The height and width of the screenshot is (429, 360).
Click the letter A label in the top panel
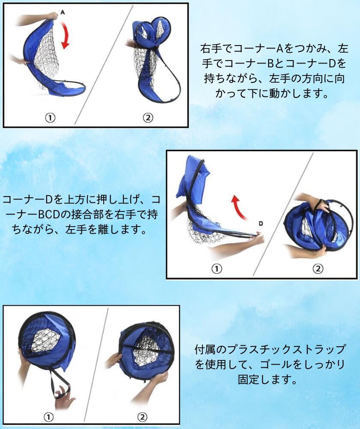coord(63,12)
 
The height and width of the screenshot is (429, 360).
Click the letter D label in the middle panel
coord(261,224)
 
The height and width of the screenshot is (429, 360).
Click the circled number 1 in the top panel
coord(50,118)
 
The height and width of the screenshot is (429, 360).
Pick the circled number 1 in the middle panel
coord(216,269)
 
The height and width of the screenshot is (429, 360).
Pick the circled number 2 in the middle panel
coord(318,269)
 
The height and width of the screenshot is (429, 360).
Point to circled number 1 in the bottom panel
coord(49,417)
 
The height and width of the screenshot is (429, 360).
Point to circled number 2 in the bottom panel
coord(142,417)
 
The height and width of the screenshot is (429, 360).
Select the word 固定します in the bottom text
coord(267,379)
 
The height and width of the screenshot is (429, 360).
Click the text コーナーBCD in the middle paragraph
coord(37,214)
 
